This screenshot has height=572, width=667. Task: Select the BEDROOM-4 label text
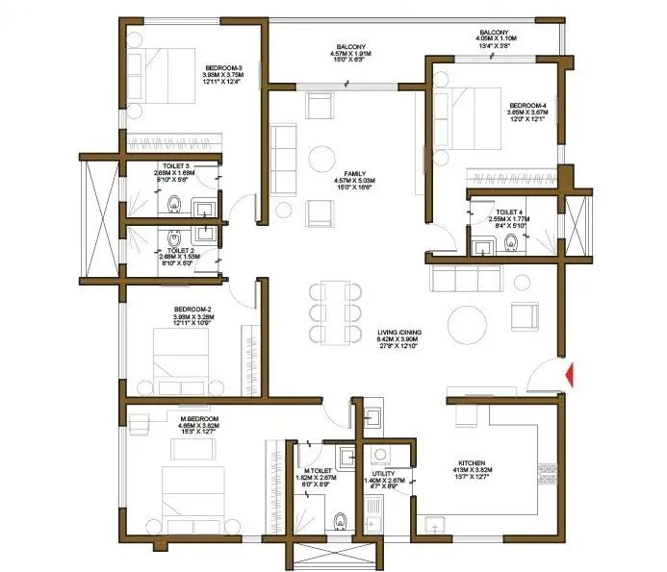coord(528,105)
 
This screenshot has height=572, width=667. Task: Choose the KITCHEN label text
coord(472,462)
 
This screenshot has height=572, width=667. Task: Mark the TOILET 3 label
coord(176,166)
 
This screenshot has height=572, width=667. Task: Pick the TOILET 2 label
coord(176,251)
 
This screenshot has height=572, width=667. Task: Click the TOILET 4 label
coord(511,210)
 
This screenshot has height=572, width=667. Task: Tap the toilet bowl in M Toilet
coord(339,520)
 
